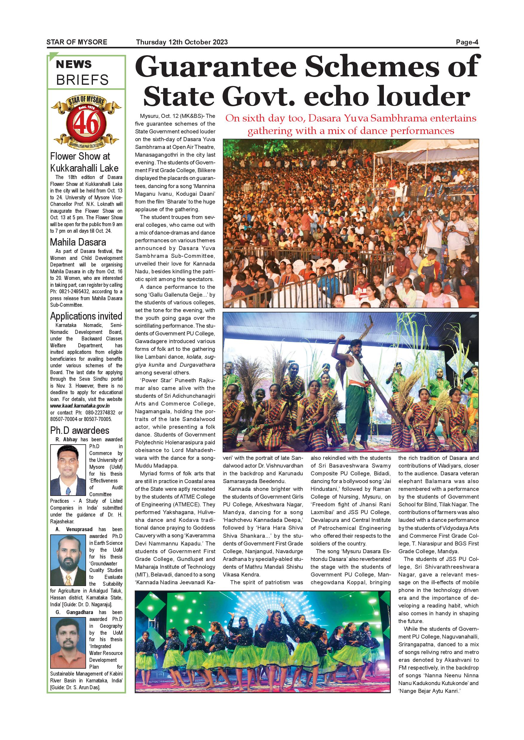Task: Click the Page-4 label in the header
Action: tap(467, 42)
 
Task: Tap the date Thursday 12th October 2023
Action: tap(182, 42)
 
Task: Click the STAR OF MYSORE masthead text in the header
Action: tap(77, 42)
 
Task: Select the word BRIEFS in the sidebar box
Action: tap(82, 80)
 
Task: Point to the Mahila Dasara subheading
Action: tap(78, 242)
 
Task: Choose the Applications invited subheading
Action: tap(86, 316)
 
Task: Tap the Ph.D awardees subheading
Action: tap(79, 430)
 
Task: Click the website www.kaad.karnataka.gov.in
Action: tap(80, 406)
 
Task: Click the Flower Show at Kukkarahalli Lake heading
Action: tap(84, 162)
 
